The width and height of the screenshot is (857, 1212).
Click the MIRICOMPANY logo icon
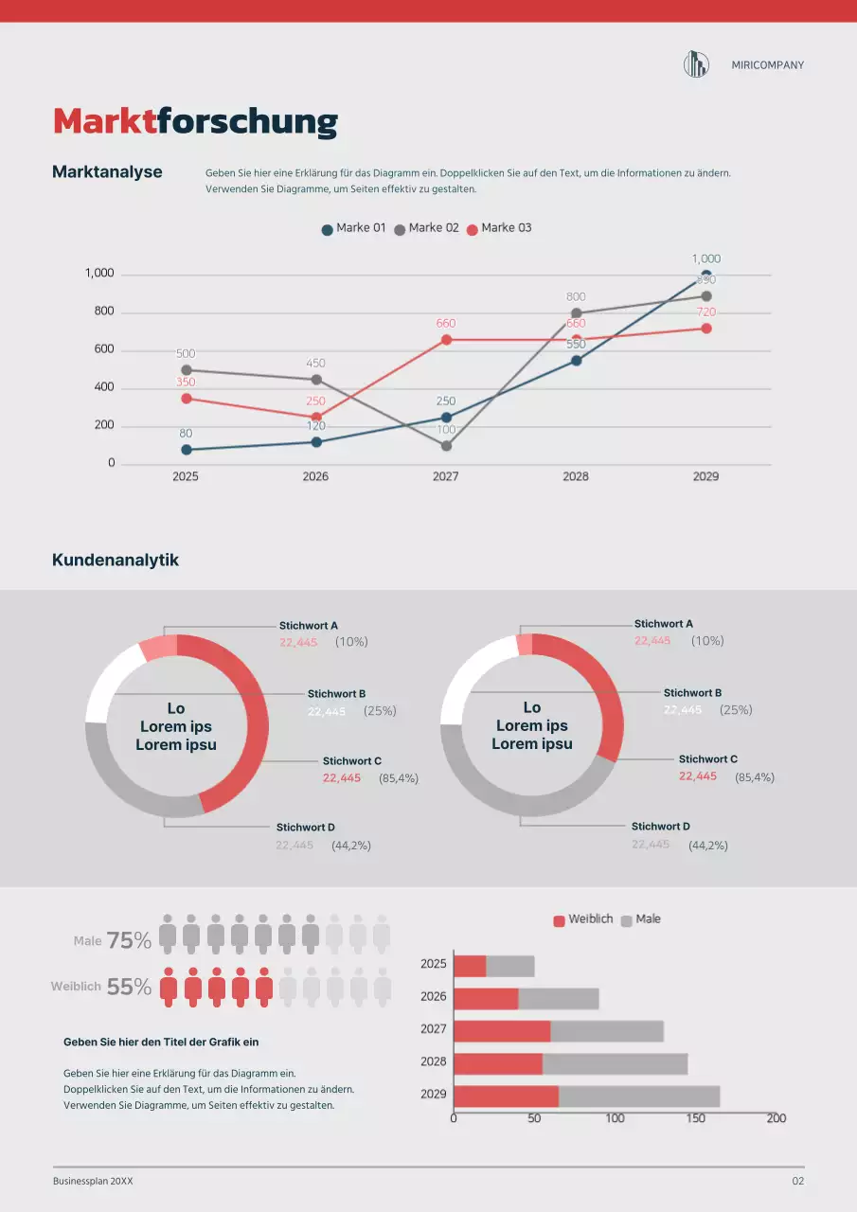pyautogui.click(x=696, y=64)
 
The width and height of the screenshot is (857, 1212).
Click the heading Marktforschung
pyautogui.click(x=195, y=122)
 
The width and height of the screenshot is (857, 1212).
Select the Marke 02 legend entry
pyautogui.click(x=427, y=228)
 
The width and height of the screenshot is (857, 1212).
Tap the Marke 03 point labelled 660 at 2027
pyautogui.click(x=446, y=340)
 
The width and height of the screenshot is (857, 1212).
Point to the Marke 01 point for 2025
pyautogui.click(x=187, y=450)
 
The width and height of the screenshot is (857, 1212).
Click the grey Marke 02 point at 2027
pyautogui.click(x=446, y=446)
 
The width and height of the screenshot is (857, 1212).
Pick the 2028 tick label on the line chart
pyautogui.click(x=576, y=476)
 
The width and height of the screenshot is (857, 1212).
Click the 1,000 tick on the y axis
pyautogui.click(x=99, y=274)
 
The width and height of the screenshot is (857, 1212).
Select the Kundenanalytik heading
pyautogui.click(x=116, y=560)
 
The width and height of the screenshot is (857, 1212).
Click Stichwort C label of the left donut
pyautogui.click(x=352, y=761)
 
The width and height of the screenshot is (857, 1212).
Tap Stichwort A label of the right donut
pyautogui.click(x=664, y=624)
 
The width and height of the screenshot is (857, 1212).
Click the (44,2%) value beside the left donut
pyautogui.click(x=351, y=846)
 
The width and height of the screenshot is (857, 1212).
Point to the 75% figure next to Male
pyautogui.click(x=129, y=940)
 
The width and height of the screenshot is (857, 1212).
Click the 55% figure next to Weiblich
pyautogui.click(x=129, y=987)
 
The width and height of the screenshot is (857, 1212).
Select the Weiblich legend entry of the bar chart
pyautogui.click(x=583, y=919)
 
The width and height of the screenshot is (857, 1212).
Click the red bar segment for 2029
pyautogui.click(x=506, y=1096)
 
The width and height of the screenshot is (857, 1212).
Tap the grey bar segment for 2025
pyautogui.click(x=510, y=966)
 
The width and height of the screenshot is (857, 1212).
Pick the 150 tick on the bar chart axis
pyautogui.click(x=696, y=1118)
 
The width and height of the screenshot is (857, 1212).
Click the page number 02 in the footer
pyautogui.click(x=797, y=1182)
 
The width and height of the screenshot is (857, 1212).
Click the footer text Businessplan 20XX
pyautogui.click(x=93, y=1182)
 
